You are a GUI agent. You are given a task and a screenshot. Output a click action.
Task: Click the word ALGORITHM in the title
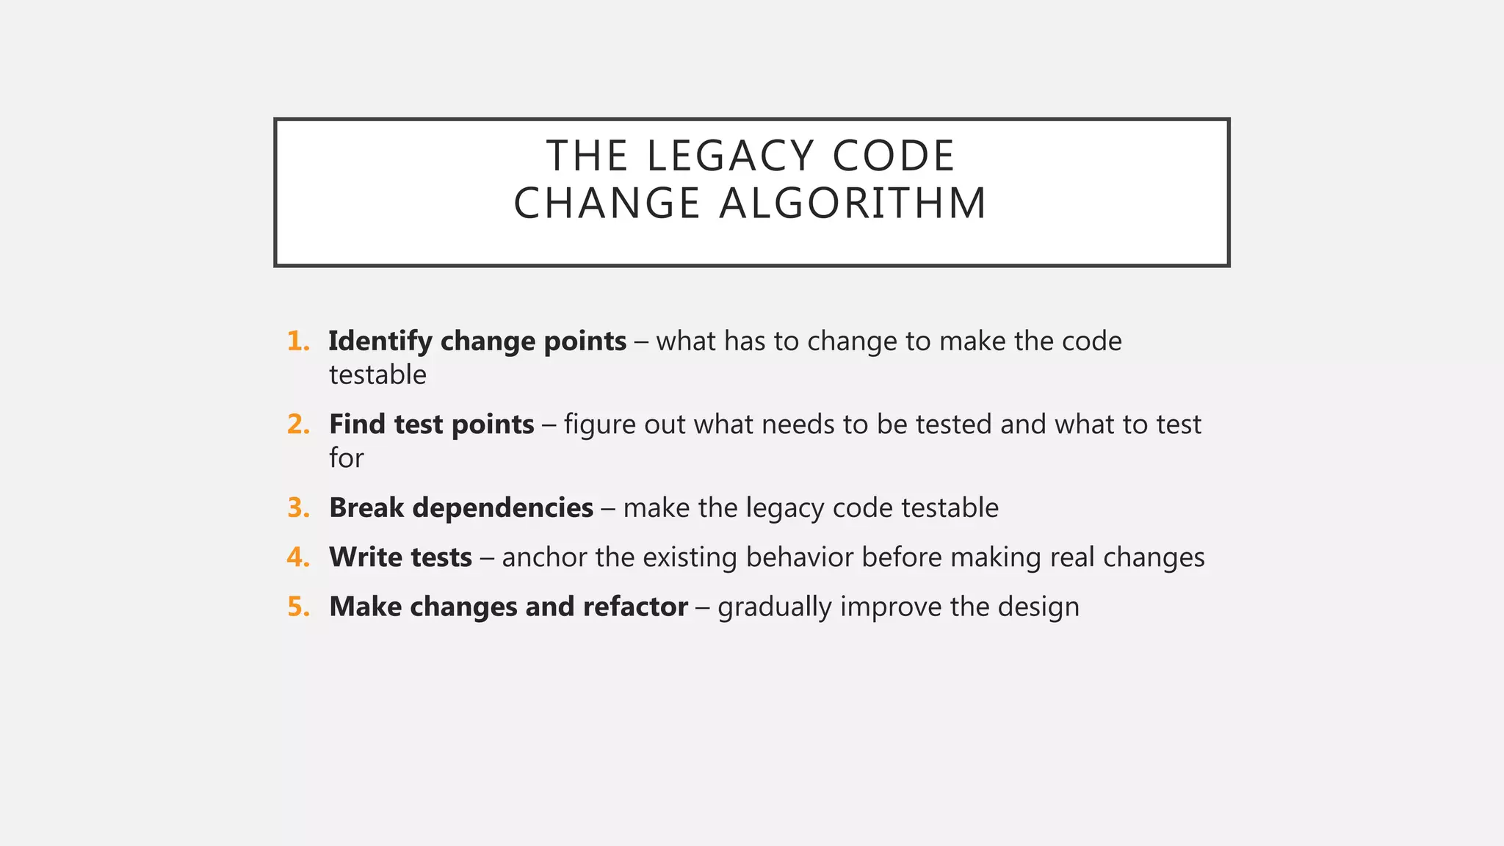click(x=853, y=203)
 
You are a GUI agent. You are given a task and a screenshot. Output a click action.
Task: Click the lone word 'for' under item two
click(x=346, y=458)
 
